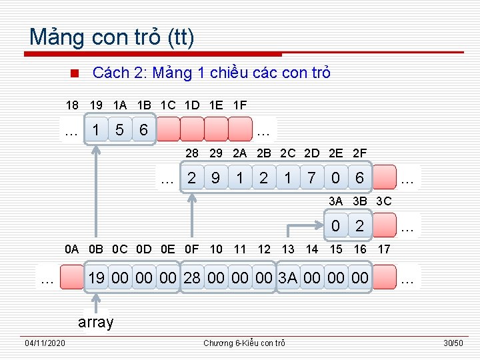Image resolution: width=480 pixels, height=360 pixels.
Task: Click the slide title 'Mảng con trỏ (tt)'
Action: pyautogui.click(x=112, y=37)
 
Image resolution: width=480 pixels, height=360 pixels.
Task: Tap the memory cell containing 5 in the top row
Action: pyautogui.click(x=120, y=130)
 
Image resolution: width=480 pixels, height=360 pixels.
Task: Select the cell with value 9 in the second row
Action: pyautogui.click(x=216, y=178)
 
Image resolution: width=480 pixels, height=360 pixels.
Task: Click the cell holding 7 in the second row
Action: pyautogui.click(x=311, y=178)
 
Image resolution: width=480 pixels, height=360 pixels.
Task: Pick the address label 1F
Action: pyautogui.click(x=240, y=105)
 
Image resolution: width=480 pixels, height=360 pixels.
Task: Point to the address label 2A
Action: pyautogui.click(x=240, y=153)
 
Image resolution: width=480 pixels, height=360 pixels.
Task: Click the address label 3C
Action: pyautogui.click(x=384, y=201)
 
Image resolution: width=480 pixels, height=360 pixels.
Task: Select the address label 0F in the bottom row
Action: pyautogui.click(x=192, y=250)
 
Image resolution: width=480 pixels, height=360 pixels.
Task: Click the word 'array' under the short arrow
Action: pyautogui.click(x=96, y=323)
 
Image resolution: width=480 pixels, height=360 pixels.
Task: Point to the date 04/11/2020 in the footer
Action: pyautogui.click(x=45, y=343)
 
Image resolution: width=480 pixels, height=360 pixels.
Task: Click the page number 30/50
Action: pyautogui.click(x=453, y=343)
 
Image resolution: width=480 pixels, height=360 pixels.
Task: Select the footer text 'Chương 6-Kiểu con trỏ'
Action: pyautogui.click(x=244, y=343)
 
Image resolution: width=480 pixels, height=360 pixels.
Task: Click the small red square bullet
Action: pyautogui.click(x=75, y=73)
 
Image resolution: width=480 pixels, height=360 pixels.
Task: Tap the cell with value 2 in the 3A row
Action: pyautogui.click(x=360, y=226)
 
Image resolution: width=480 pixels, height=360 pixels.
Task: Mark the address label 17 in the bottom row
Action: pyautogui.click(x=384, y=250)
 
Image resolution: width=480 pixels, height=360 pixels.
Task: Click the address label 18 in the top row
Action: pyautogui.click(x=72, y=105)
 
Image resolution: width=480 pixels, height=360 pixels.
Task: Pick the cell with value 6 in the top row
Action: pyautogui.click(x=143, y=130)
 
